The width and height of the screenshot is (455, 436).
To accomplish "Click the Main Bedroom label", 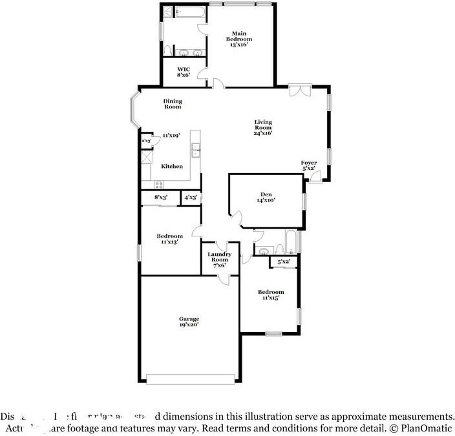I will coord(237,39).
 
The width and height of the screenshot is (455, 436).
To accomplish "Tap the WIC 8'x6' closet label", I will coord(183,71).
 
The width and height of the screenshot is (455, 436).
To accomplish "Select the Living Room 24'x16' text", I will coord(262,127).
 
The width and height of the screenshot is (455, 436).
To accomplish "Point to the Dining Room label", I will coord(173,103).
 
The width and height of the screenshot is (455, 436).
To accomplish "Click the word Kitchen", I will coord(172,167).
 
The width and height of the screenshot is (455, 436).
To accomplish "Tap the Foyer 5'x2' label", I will coord(308,165).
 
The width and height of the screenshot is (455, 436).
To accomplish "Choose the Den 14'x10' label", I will coord(266,197).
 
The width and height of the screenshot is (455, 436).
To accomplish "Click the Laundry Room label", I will coord(219,260).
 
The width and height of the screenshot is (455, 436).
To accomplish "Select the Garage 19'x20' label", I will coord(189,322).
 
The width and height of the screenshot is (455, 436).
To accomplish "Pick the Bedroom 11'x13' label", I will coord(169,238).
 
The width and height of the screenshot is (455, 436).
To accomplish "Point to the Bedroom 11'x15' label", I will coord(270,295).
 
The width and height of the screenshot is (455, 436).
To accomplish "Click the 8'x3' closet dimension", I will coord(160,198).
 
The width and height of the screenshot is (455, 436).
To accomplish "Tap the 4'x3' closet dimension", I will coord(191,198).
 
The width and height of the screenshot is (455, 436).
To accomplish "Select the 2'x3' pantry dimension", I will coord(146,140).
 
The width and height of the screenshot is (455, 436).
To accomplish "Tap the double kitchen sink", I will coord(195,151).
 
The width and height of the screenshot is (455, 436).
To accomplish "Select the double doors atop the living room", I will coord(299,91).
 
